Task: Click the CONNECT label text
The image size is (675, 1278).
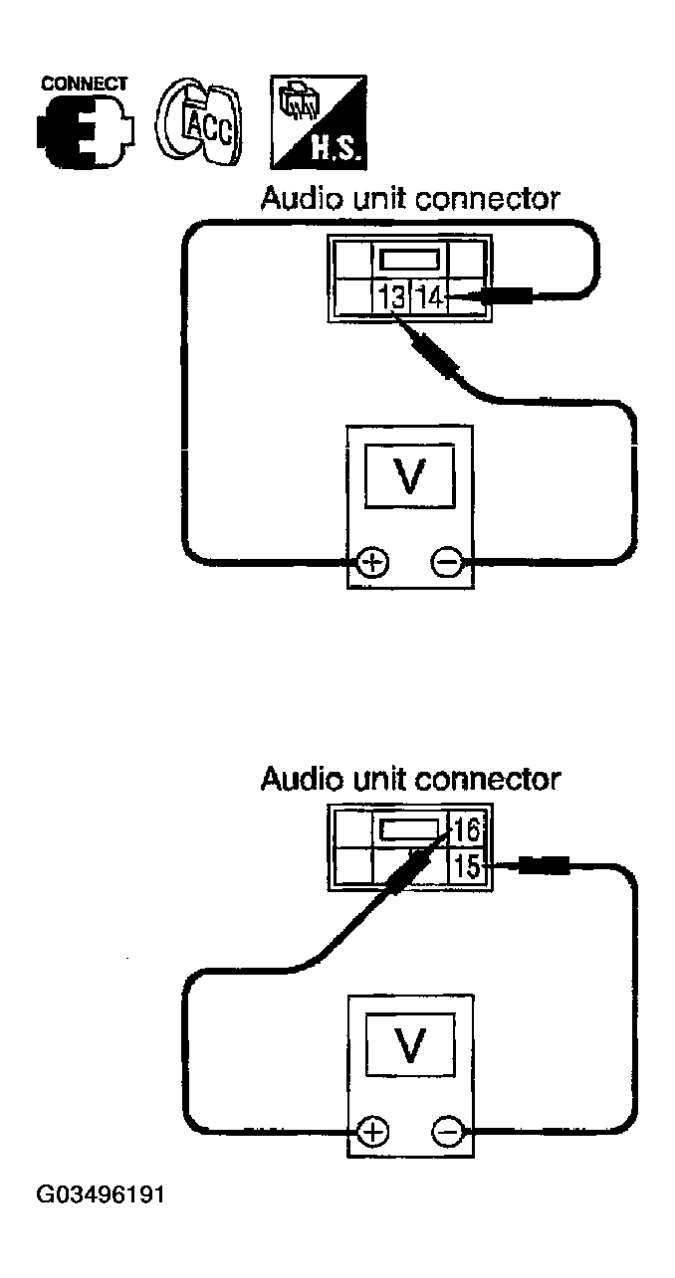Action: (x=84, y=84)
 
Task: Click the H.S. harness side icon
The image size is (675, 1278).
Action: (x=318, y=122)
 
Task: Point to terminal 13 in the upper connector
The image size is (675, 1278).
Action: (x=391, y=297)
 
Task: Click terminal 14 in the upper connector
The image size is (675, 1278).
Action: (x=429, y=297)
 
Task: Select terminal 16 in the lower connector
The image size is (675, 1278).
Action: (x=467, y=829)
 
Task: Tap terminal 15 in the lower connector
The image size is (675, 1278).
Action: (x=467, y=867)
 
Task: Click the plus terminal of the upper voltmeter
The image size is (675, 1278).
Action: (x=373, y=562)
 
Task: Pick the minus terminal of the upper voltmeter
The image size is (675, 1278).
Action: (x=447, y=562)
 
